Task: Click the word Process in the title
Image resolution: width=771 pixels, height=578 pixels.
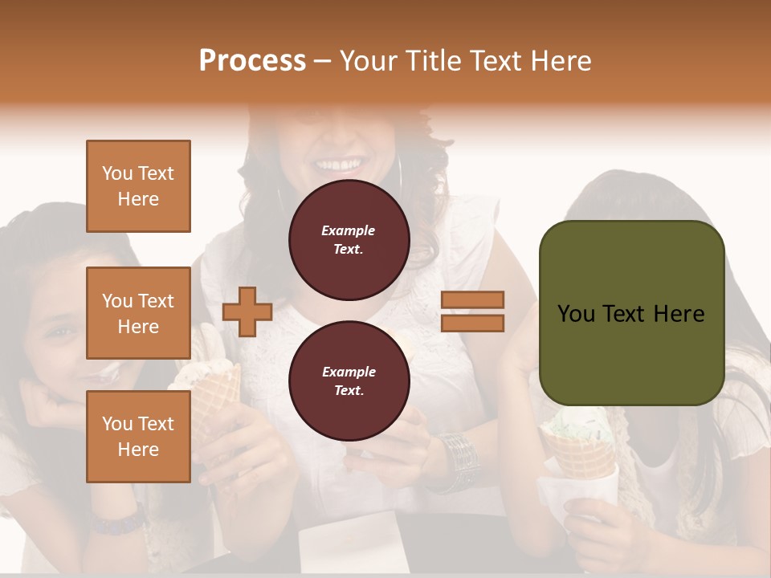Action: tap(252, 61)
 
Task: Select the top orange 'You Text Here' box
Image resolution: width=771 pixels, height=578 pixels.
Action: tap(138, 186)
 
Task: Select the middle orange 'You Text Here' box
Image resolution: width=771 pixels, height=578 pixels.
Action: tap(138, 313)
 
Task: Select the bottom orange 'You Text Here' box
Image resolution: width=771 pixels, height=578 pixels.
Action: tap(138, 436)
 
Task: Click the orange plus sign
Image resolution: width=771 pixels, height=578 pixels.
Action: tap(247, 311)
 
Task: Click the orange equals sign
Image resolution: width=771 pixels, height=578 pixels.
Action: tap(472, 311)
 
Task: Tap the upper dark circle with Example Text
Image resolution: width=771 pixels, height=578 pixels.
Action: tap(349, 240)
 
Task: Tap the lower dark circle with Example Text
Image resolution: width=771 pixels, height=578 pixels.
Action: tap(349, 381)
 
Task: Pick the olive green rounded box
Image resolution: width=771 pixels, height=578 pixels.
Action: tap(631, 312)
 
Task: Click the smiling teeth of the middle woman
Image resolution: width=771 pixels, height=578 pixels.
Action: tap(337, 165)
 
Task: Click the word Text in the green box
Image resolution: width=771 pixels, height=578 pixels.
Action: tap(631, 313)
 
